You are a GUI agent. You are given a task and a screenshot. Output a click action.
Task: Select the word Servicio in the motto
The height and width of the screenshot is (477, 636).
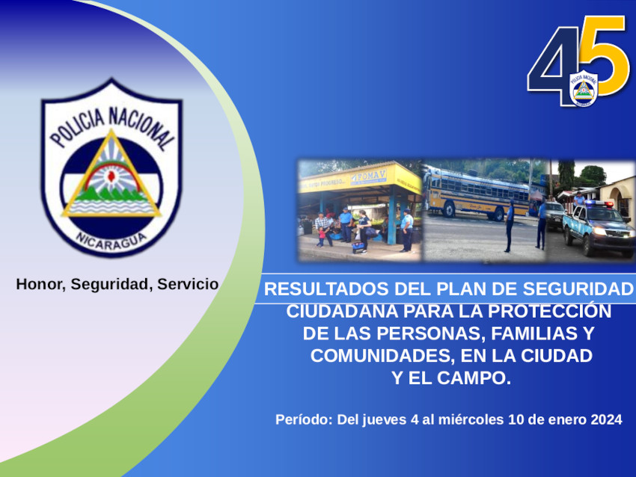pos(188,284)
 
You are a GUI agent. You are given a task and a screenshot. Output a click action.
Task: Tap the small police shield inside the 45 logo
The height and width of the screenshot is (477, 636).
pos(584,88)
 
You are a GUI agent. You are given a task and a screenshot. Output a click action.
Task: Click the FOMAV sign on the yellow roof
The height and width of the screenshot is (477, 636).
pos(368,176)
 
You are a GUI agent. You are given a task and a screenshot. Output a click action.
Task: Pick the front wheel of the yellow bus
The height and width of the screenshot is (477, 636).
pos(449,209)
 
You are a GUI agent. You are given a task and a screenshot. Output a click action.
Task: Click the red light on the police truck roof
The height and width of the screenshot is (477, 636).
pos(609,204)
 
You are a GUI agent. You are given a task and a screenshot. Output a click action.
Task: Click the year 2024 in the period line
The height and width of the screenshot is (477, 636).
pos(606,419)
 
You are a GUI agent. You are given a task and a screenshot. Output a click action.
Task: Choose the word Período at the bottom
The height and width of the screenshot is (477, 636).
pos(304,419)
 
